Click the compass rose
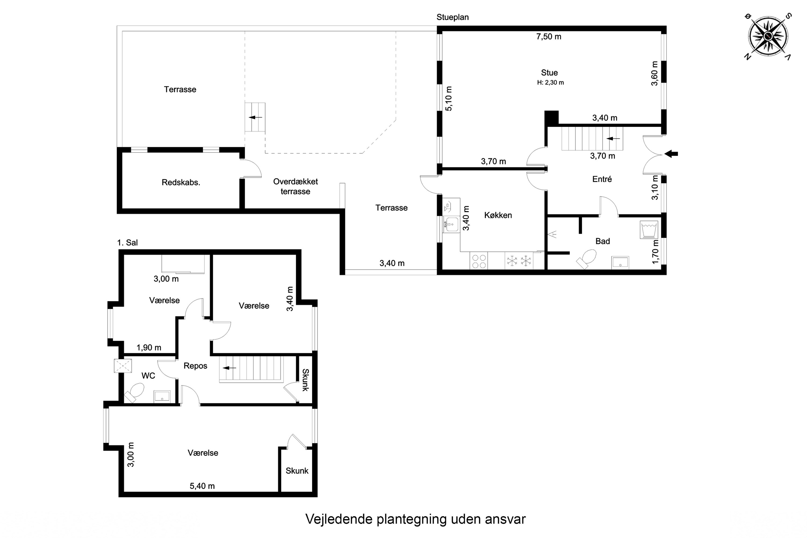(x=768, y=36)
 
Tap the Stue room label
(x=549, y=73)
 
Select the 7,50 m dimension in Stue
(x=549, y=37)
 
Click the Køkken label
(x=498, y=215)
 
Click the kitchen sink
(x=451, y=224)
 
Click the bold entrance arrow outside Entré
(x=671, y=154)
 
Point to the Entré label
(x=602, y=179)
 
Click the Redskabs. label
(x=181, y=183)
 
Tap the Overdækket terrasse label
(x=295, y=186)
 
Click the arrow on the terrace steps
(x=255, y=117)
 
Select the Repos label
(x=195, y=366)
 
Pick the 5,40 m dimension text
(x=202, y=486)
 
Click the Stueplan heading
(x=452, y=17)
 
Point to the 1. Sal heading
(x=127, y=243)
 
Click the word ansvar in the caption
(x=505, y=519)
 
